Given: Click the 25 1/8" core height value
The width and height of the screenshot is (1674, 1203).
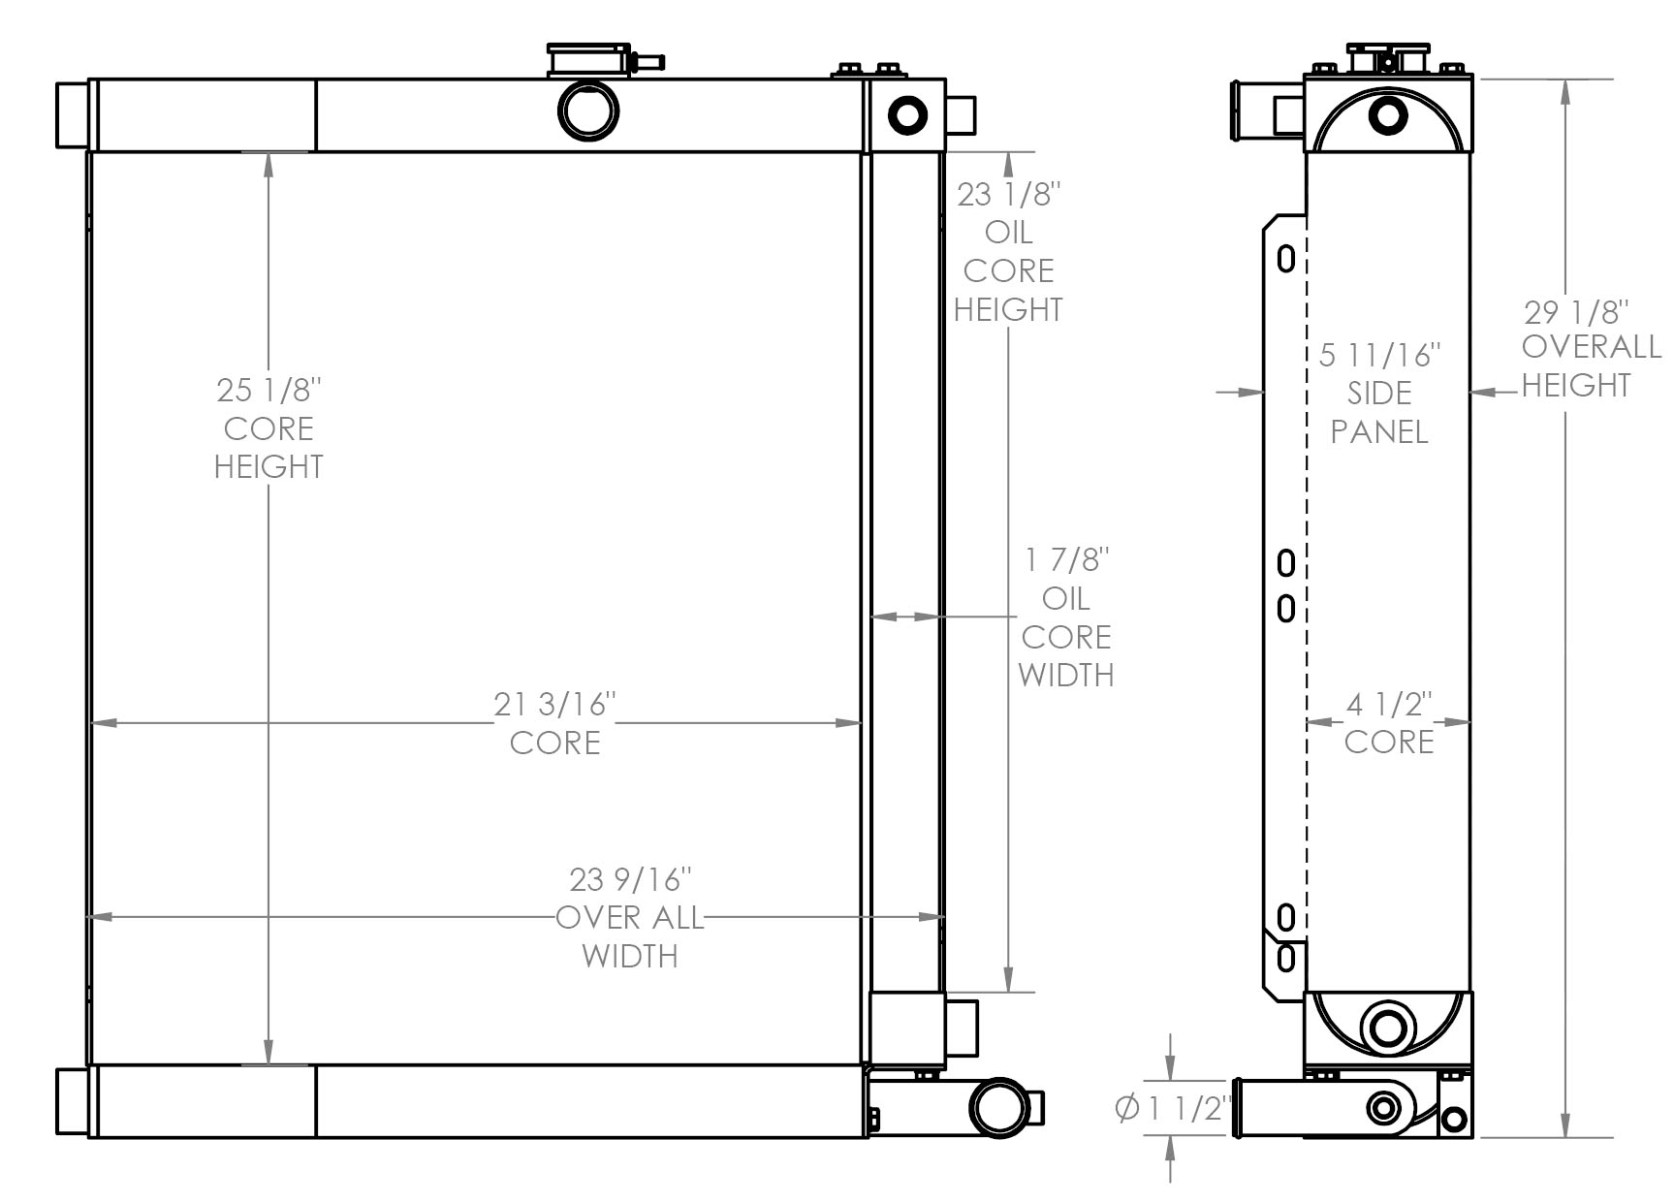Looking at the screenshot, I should coord(268,391).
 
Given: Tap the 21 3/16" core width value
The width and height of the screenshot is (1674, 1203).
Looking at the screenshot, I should coord(554,704).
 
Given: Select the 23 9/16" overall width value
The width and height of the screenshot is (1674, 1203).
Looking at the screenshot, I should coord(630,879).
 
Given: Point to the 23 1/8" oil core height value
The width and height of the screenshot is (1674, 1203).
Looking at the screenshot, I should coord(1009,195).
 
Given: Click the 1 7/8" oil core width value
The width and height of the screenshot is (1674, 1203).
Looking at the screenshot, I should coord(1066,560).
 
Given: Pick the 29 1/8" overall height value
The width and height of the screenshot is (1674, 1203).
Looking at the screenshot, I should coord(1576,312).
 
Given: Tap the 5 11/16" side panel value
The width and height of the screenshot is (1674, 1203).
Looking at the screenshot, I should coord(1379,355).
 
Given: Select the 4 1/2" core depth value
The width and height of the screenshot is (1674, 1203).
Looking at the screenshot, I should coord(1388,704).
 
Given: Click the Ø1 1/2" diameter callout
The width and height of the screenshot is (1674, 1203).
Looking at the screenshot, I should coord(1173,1108).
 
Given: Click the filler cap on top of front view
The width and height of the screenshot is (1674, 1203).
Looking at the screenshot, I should coord(588,59).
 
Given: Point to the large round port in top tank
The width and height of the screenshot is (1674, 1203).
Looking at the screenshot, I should coord(588,110).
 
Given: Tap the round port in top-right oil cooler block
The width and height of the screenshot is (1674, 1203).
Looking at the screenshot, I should coord(907,115).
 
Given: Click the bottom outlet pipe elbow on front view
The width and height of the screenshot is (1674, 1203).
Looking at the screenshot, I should coord(1005,1106).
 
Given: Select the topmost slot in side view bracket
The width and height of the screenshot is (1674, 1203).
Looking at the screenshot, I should coord(1286,259).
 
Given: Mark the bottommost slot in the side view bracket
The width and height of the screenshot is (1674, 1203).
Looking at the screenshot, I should coord(1286,958).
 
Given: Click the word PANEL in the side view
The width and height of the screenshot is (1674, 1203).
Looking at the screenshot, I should coord(1378,432).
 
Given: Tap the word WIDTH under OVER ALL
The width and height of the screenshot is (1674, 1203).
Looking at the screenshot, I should coord(630,957).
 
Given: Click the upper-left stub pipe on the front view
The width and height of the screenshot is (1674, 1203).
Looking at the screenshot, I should coord(73,115).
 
